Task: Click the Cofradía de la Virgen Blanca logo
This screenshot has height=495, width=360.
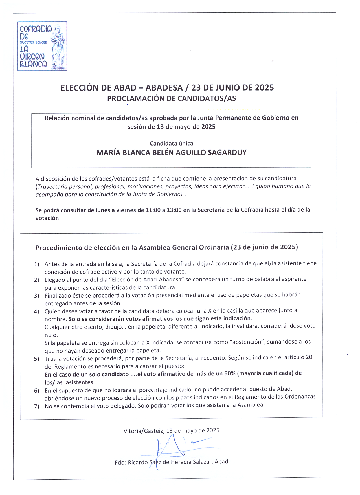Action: coord(42,46)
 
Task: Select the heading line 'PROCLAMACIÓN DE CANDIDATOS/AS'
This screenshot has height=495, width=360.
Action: coord(171,98)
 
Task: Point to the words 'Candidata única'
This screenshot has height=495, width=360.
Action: coord(171,143)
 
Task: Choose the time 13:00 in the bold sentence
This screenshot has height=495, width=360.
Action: coord(174,210)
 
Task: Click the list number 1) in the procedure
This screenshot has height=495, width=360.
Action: coord(36,264)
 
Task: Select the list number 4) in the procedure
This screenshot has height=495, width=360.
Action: coord(36,312)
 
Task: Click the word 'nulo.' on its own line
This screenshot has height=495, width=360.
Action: coord(51,335)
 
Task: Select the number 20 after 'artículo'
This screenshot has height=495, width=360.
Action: coord(309,357)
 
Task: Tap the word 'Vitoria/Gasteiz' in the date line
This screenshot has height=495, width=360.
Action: coord(143,431)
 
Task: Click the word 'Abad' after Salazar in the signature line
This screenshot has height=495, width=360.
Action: coord(221,462)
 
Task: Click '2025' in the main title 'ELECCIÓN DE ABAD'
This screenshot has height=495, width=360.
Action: coord(264,88)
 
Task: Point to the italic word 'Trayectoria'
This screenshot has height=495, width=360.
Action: coord(52,186)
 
